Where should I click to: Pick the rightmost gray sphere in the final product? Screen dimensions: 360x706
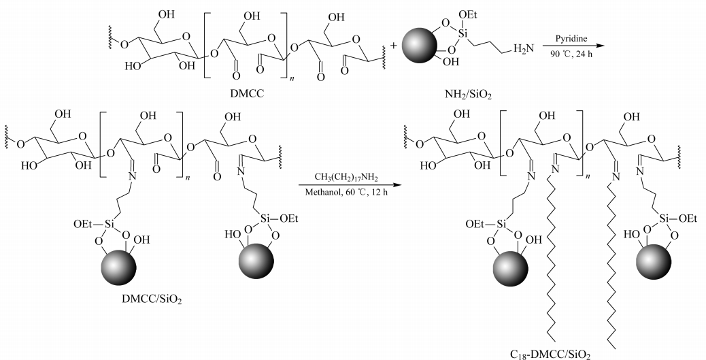658,262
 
